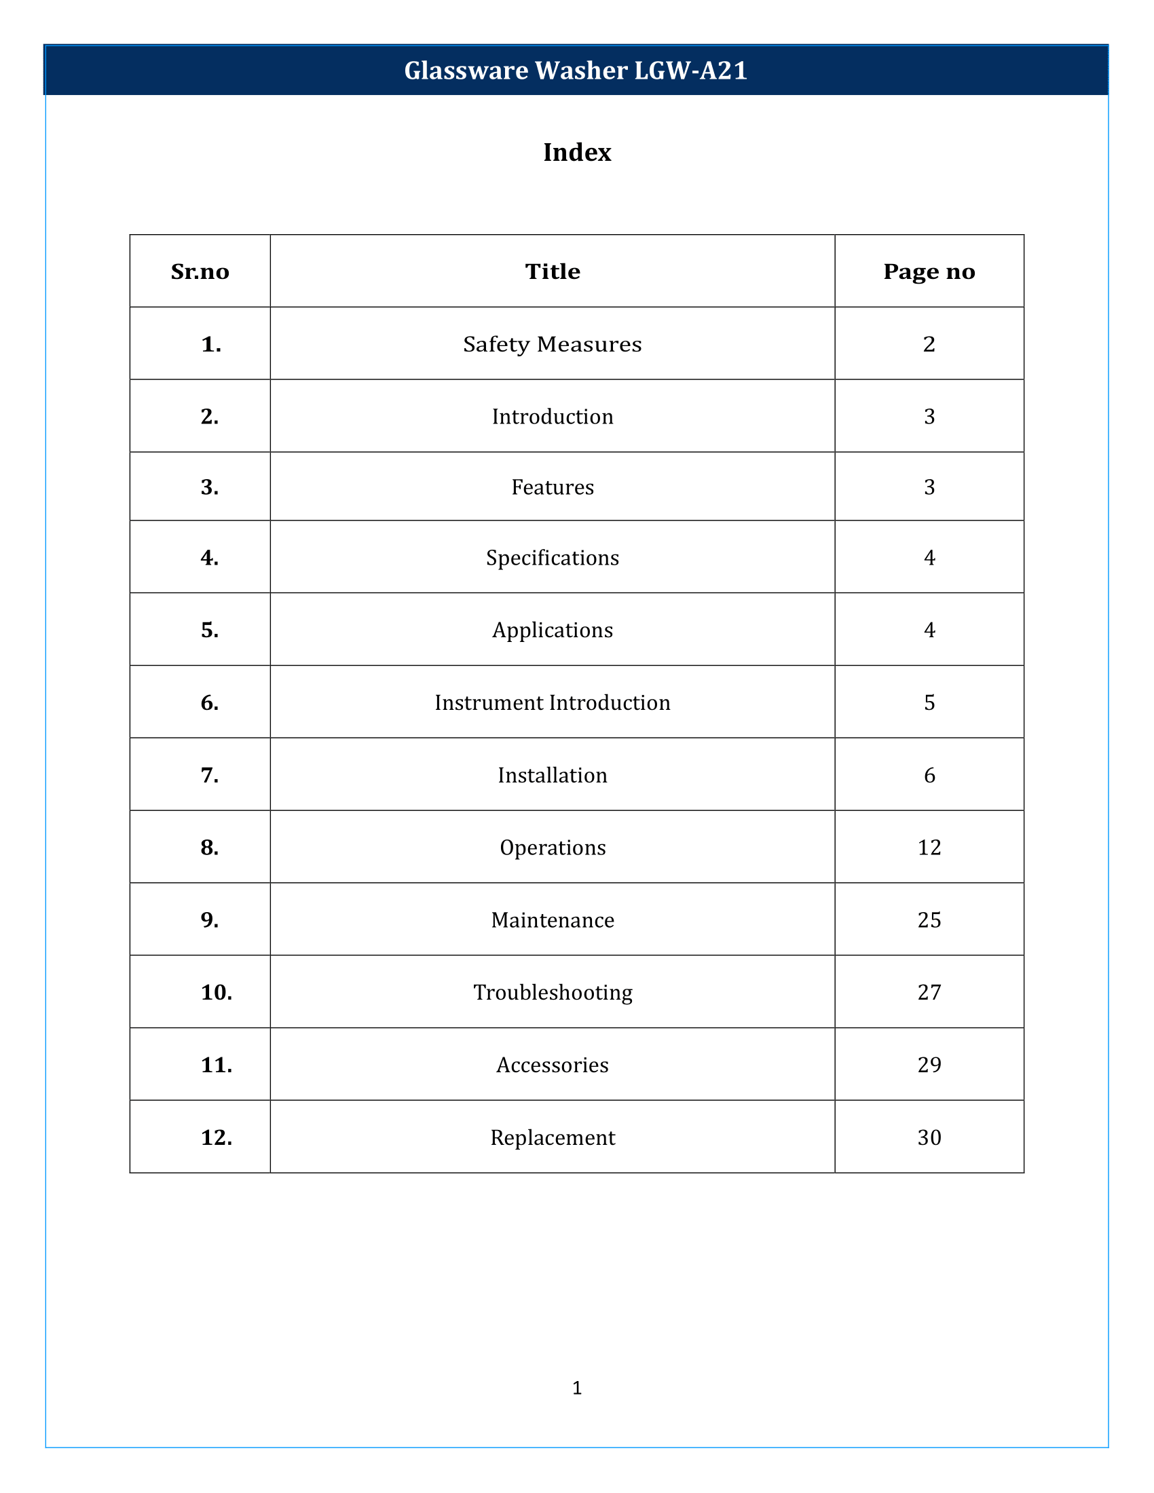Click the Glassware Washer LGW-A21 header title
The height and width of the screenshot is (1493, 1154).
click(576, 71)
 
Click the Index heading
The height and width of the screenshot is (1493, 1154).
click(577, 153)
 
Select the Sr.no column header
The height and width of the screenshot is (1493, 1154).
click(200, 272)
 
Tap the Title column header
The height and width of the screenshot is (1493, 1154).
click(553, 272)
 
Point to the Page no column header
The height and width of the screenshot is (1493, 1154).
click(929, 272)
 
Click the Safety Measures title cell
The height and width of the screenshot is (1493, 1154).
click(553, 344)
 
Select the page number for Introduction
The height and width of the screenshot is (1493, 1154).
click(929, 416)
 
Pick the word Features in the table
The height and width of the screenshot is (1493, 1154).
click(553, 487)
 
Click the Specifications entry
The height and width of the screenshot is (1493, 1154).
click(553, 558)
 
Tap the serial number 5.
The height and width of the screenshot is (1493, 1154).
click(210, 630)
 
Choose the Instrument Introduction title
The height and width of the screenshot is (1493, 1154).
click(553, 703)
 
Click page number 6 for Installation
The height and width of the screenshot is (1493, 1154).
click(929, 775)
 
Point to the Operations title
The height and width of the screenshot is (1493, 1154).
click(553, 848)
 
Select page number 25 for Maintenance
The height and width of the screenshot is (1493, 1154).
click(929, 920)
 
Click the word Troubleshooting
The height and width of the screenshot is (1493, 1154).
click(553, 993)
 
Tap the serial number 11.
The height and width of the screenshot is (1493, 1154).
click(216, 1065)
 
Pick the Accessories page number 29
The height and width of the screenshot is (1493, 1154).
click(929, 1065)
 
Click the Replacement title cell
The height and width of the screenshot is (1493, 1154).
click(553, 1137)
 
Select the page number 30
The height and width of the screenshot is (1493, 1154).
click(929, 1137)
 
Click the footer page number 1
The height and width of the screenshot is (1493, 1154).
click(577, 1388)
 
